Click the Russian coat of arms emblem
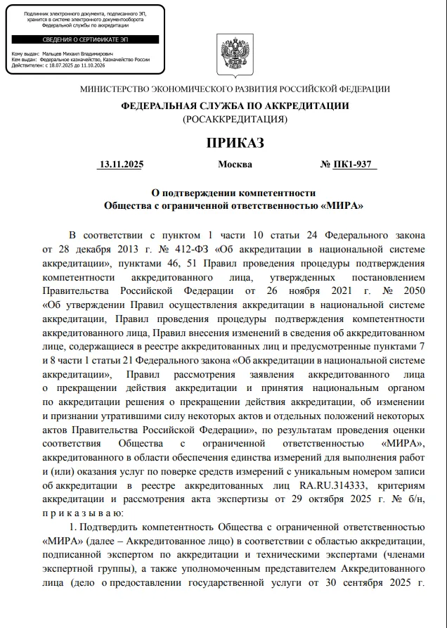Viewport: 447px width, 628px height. click(235, 56)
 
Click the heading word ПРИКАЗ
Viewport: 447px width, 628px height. click(235, 144)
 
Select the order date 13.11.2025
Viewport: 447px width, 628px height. click(121, 165)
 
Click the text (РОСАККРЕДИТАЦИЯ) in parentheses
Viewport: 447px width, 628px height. click(235, 119)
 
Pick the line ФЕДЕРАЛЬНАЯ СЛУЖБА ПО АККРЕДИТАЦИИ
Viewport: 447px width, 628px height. click(235, 105)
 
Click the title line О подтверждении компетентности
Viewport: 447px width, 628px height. click(235, 193)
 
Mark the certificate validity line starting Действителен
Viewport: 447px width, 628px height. click(58, 65)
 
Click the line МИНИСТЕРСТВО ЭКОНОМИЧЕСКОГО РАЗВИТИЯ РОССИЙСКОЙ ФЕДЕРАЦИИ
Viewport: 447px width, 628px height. click(235, 89)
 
